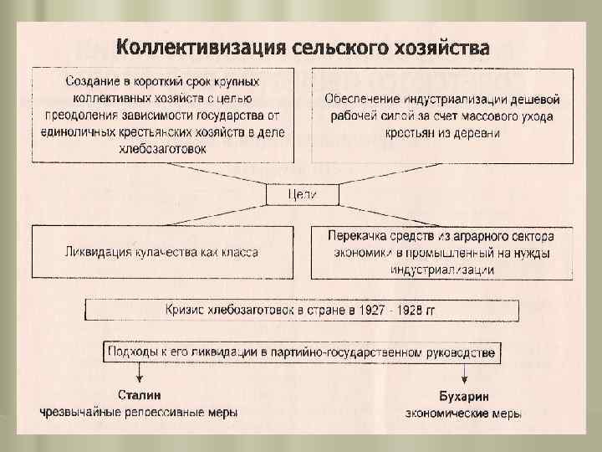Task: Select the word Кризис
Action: click(x=187, y=311)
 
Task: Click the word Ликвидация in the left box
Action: click(x=94, y=251)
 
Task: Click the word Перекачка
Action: click(x=356, y=237)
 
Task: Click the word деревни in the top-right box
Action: click(x=482, y=133)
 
